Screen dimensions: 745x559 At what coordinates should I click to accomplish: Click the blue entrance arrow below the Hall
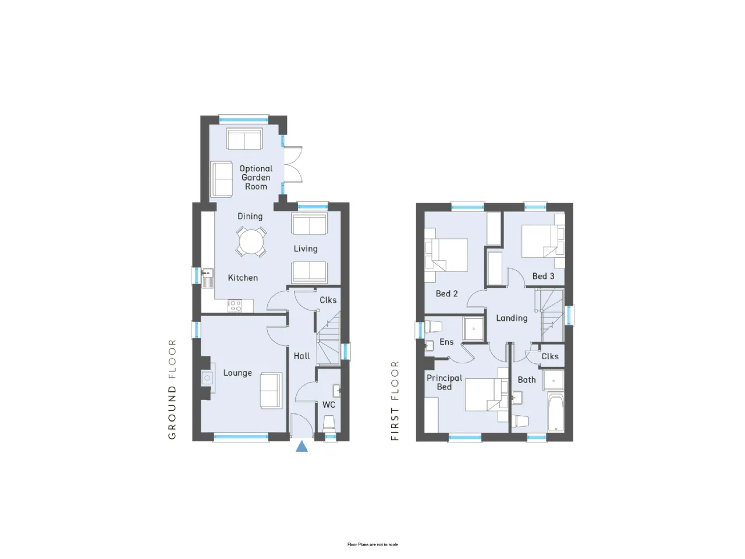[x=301, y=446]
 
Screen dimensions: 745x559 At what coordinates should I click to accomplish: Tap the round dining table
[x=251, y=242]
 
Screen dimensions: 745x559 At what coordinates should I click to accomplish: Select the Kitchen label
[x=243, y=278]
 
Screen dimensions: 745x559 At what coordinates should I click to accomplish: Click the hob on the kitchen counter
[x=235, y=305]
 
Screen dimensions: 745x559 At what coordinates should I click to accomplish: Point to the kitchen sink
[x=207, y=278]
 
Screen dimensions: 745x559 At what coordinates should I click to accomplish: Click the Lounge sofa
[x=271, y=390]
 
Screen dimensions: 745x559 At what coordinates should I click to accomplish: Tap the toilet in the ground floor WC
[x=329, y=423]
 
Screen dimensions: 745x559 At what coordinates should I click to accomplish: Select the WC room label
[x=328, y=405]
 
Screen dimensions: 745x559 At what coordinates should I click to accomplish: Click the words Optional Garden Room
[x=256, y=178]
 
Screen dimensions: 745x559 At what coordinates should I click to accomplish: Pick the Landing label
[x=512, y=318]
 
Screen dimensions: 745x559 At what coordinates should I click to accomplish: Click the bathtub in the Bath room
[x=556, y=412]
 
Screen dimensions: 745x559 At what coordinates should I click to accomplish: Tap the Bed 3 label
[x=543, y=276]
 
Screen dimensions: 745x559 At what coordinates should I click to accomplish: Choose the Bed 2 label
[x=446, y=293]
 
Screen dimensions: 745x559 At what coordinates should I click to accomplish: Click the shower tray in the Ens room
[x=473, y=328]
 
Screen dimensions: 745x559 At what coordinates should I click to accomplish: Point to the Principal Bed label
[x=444, y=382]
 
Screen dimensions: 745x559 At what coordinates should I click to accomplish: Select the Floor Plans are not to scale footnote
[x=372, y=545]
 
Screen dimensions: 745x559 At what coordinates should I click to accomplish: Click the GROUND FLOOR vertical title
[x=172, y=390]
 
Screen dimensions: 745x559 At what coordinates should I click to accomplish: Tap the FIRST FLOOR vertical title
[x=395, y=401]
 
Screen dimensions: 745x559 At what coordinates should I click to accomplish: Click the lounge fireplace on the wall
[x=207, y=378]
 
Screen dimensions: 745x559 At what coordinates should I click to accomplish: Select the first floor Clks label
[x=550, y=356]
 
